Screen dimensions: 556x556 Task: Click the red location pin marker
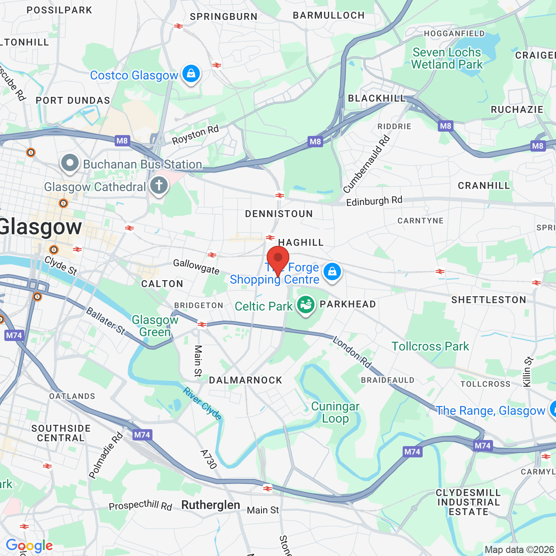point(278,258)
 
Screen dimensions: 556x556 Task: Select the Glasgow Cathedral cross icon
point(159,186)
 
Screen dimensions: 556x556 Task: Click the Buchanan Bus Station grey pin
point(70,163)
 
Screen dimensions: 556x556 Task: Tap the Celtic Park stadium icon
point(306,305)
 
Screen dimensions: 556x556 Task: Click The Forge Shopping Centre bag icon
point(332,272)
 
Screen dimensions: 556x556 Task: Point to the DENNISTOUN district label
point(279,214)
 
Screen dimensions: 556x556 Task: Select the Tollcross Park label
point(430,346)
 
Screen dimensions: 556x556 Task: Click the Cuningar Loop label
point(335,412)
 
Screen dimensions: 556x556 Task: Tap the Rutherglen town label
point(211,505)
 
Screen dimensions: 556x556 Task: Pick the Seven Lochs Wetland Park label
point(447,59)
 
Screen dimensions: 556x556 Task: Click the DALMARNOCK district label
point(245,380)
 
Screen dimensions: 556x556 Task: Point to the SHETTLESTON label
point(489,300)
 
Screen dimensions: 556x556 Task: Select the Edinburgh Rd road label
point(374,201)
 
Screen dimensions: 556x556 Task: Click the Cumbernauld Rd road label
point(367,164)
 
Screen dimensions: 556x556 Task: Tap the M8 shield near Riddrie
point(446,126)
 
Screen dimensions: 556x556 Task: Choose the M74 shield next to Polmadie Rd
point(142,435)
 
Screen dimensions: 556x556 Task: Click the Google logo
point(30,546)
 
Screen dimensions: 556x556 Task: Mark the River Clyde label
point(202,404)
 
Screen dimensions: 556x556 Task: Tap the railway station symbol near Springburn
point(179,26)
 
